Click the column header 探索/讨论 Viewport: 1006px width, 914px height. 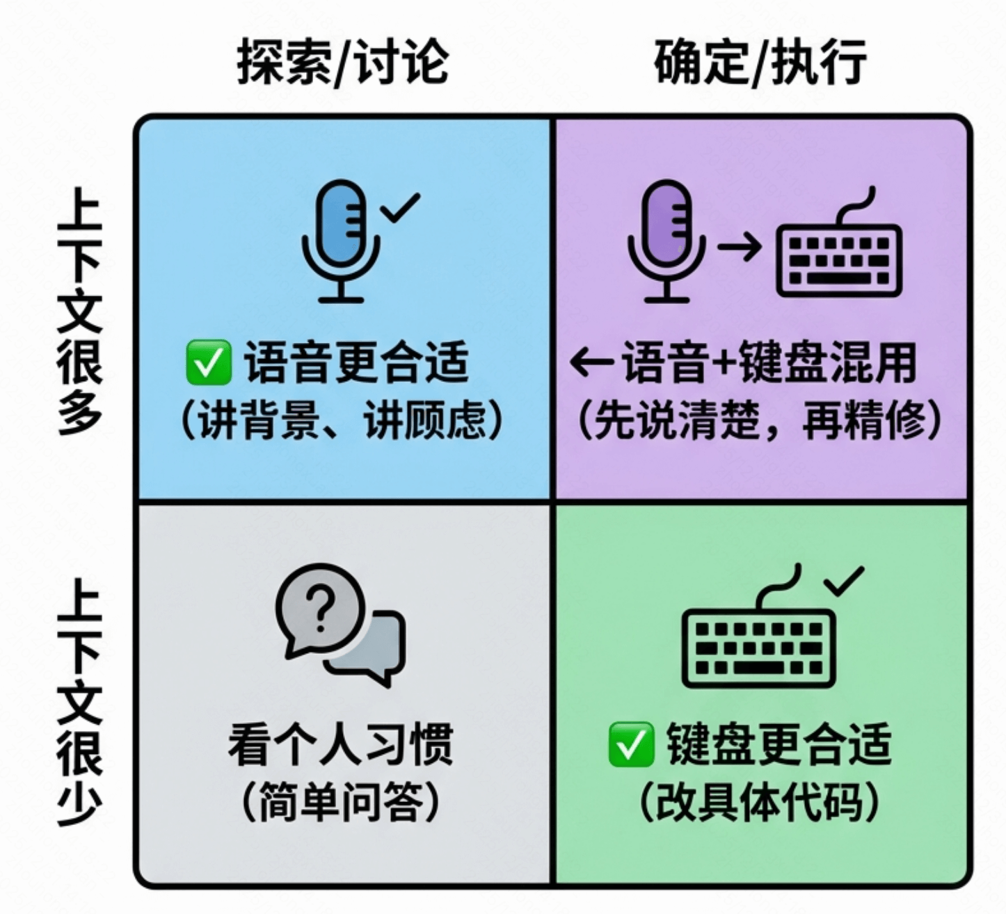point(342,63)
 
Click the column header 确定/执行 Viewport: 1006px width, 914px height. point(760,63)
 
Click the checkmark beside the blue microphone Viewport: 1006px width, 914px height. point(401,207)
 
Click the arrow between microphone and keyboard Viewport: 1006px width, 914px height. point(740,248)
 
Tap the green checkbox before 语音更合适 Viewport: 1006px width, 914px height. point(208,362)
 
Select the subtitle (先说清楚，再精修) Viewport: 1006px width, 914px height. point(760,420)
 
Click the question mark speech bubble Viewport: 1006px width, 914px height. point(321,609)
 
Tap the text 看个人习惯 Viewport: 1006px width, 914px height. point(341,744)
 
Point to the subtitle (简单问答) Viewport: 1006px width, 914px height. point(341,801)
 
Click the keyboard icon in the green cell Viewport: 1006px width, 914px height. point(758,643)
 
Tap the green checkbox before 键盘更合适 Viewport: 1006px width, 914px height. point(630,744)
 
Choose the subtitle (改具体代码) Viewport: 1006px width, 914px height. point(760,801)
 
